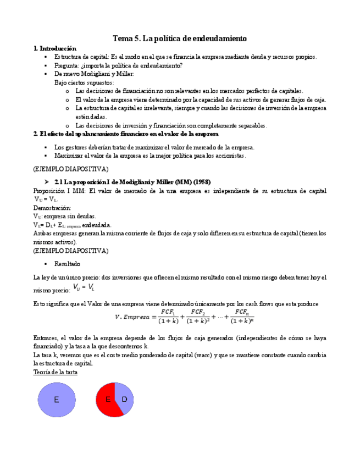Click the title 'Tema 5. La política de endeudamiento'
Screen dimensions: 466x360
[180, 38]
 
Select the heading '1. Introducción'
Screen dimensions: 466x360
[55, 48]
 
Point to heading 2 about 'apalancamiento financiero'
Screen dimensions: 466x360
[125, 134]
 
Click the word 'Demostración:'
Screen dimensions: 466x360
[52, 208]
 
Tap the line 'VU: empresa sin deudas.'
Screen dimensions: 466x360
[64, 217]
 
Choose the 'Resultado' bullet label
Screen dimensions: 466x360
[67, 264]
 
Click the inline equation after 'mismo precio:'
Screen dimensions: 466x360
[84, 287]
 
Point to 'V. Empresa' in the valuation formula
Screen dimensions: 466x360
[135, 317]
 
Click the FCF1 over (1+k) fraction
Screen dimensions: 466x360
[168, 317]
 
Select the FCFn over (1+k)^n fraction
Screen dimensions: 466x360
[242, 317]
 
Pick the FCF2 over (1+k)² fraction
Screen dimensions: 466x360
[199, 317]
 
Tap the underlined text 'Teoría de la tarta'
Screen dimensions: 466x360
[56, 372]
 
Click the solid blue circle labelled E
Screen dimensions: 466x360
[56, 400]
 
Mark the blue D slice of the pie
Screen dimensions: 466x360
[125, 398]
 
